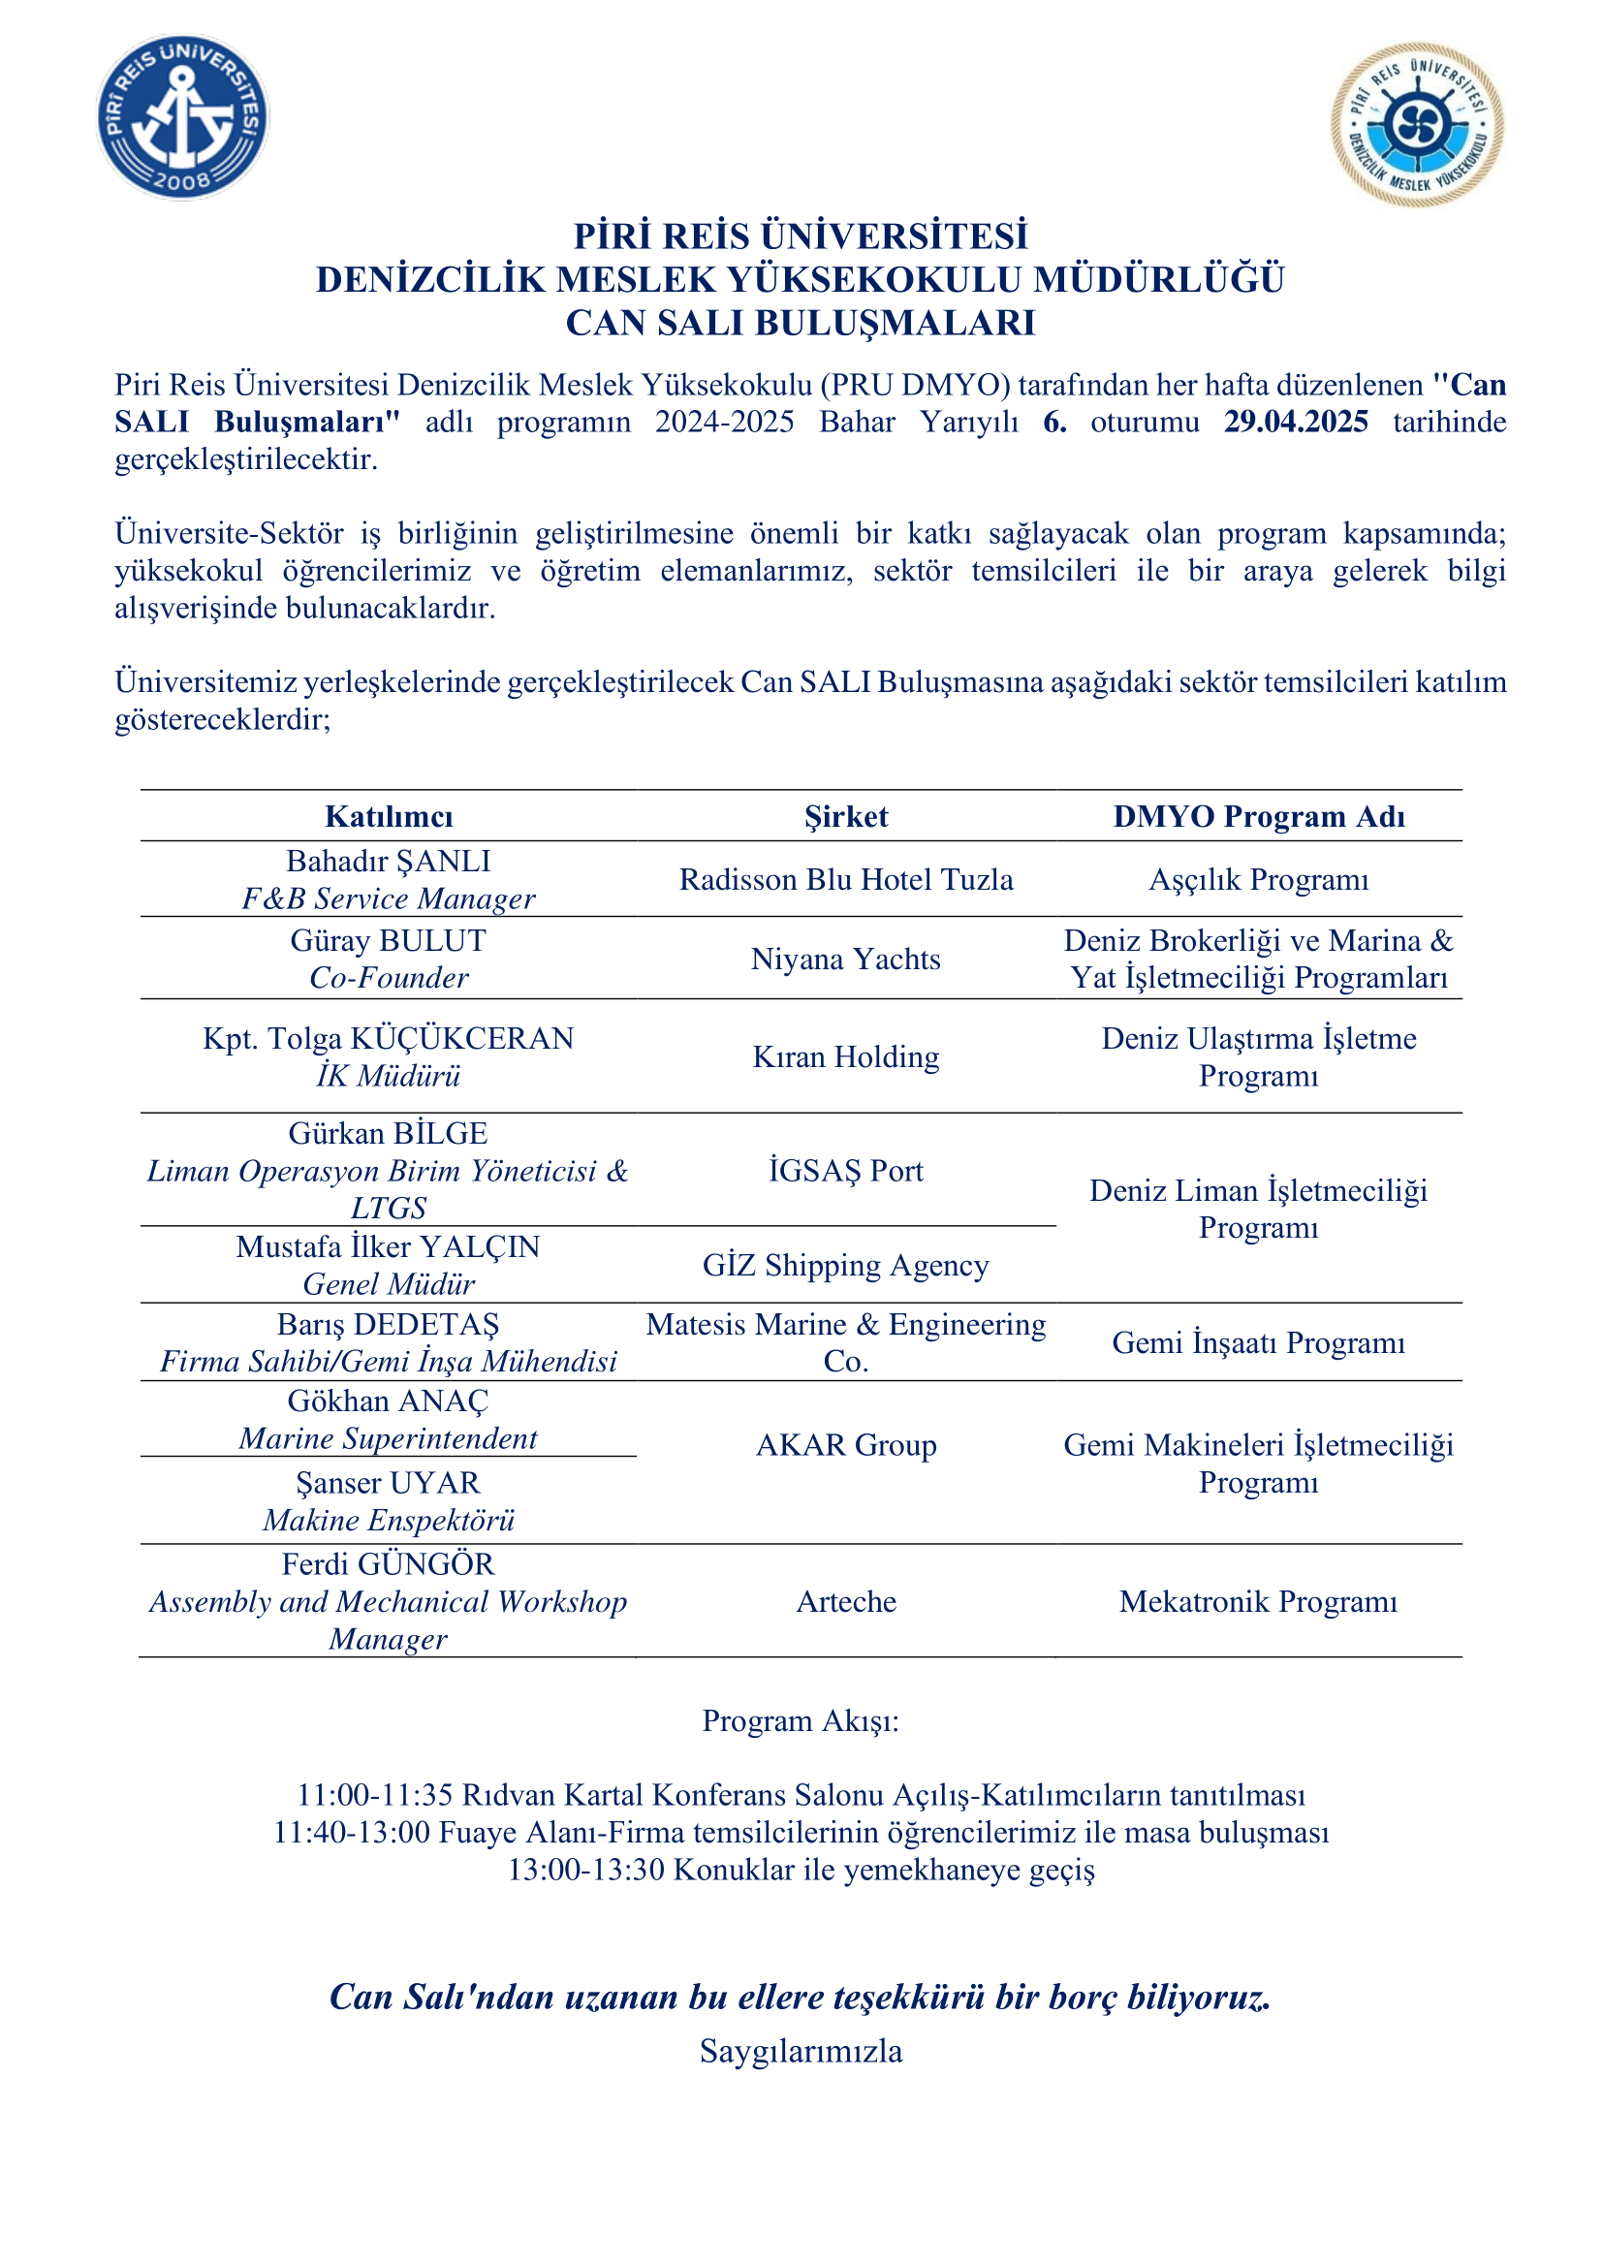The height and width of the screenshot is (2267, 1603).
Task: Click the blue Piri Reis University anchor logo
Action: pos(182,117)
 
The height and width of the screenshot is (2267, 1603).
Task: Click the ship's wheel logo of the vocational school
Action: pos(1417,124)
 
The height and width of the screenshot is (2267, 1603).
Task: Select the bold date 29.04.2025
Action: pos(1295,422)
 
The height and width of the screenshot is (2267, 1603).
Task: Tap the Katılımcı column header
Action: pos(389,816)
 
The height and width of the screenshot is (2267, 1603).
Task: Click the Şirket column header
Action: pos(846,816)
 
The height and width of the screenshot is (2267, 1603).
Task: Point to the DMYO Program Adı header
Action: pos(1259,816)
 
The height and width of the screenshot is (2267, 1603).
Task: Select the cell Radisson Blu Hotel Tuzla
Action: pos(846,880)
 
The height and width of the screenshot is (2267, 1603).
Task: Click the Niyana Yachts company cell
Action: pos(846,959)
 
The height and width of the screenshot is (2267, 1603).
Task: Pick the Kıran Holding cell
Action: pos(846,1056)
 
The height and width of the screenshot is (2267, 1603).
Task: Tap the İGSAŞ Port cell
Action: pos(846,1170)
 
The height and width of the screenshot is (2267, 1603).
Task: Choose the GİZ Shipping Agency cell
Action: pos(846,1265)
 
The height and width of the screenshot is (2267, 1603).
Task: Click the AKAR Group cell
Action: pos(846,1444)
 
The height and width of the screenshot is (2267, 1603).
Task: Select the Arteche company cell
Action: pos(846,1600)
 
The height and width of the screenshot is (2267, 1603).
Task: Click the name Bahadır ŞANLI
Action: pos(389,861)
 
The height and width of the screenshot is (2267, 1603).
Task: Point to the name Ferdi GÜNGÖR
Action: pos(389,1564)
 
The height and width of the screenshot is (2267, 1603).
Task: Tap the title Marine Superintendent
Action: pos(389,1438)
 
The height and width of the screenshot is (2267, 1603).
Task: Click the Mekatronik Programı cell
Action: pos(1259,1600)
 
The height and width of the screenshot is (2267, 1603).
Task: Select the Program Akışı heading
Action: pos(801,1720)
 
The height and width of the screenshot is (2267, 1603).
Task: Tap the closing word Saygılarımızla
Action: pos(801,2052)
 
